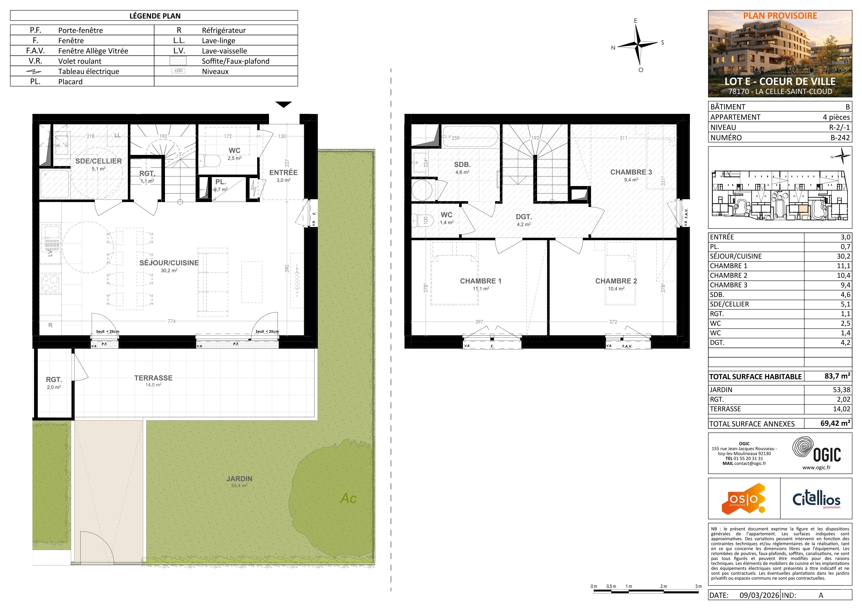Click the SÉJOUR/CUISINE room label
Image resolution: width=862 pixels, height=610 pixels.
coord(169,263)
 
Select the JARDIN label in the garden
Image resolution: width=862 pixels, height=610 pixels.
coord(239,479)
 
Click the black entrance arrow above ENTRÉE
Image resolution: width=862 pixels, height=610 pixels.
coord(283,104)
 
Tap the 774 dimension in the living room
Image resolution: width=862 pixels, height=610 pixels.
coord(172,321)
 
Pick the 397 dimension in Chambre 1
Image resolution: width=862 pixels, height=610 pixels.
coord(479,322)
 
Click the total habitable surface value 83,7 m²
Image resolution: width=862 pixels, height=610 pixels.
coord(837,376)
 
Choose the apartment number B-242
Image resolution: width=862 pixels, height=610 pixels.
coord(840,138)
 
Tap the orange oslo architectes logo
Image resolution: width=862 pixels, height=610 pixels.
coord(743,499)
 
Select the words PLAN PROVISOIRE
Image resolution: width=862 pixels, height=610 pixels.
coord(780,16)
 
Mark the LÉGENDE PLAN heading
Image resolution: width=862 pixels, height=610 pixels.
coord(155,16)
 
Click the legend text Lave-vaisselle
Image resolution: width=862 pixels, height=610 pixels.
coord(224,51)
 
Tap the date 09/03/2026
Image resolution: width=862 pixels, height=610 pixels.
coord(759,595)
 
